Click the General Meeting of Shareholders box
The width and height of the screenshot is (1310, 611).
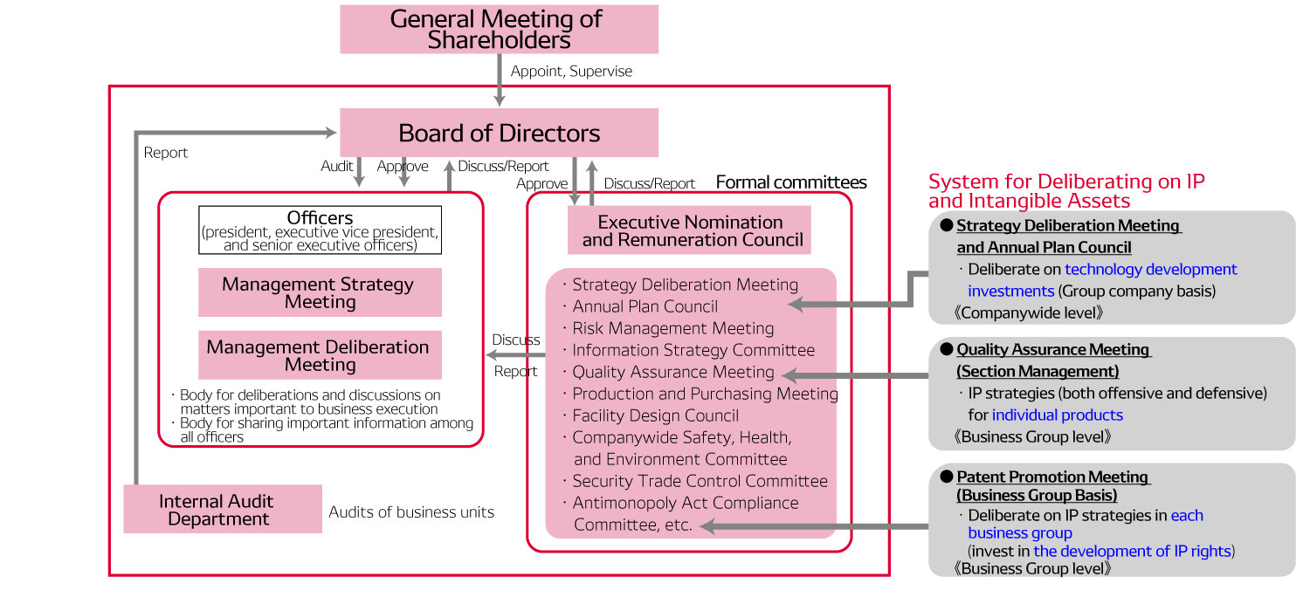click(x=498, y=30)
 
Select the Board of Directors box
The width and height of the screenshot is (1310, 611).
click(x=498, y=133)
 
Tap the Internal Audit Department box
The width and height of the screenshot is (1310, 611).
click(x=223, y=510)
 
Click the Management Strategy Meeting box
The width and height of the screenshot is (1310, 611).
click(x=320, y=292)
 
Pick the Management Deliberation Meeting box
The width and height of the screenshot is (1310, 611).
click(x=320, y=355)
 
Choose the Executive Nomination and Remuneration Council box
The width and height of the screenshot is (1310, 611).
click(x=690, y=230)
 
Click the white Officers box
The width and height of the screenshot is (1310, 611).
click(x=320, y=230)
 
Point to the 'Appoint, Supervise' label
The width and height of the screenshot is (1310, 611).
click(x=571, y=72)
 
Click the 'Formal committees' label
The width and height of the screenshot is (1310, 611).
click(x=791, y=182)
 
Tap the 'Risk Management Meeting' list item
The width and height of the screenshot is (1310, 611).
click(x=672, y=328)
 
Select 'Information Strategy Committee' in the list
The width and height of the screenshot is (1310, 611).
click(x=693, y=350)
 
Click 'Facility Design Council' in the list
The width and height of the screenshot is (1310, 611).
click(x=655, y=415)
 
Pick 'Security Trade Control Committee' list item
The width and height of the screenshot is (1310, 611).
click(x=700, y=481)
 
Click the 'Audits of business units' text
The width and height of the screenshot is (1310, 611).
click(x=411, y=512)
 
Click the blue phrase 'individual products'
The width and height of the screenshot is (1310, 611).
click(x=1057, y=415)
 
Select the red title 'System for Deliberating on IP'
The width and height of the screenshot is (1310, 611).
click(x=1066, y=182)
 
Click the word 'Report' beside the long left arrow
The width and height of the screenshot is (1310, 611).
click(x=165, y=153)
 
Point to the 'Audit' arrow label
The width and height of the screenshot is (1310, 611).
click(x=337, y=166)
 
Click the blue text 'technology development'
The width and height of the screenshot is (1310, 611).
click(x=1150, y=269)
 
